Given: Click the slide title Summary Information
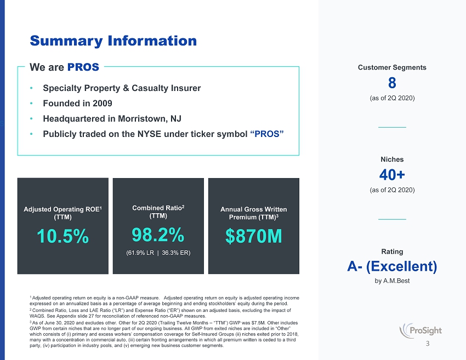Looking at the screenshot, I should pyautogui.click(x=113, y=41).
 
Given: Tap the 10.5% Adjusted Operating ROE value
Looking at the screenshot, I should pyautogui.click(x=63, y=236).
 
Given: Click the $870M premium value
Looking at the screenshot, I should pyautogui.click(x=253, y=236).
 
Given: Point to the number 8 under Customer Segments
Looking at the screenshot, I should pyautogui.click(x=392, y=83).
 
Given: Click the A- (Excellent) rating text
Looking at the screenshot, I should pyautogui.click(x=392, y=266).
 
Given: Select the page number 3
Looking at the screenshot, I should pyautogui.click(x=428, y=345).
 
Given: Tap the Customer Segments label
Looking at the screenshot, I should pyautogui.click(x=392, y=67).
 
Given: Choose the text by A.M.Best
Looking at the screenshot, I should pyautogui.click(x=392, y=281).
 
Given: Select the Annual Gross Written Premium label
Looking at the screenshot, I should pyautogui.click(x=253, y=214).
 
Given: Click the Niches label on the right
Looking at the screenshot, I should pyautogui.click(x=392, y=159).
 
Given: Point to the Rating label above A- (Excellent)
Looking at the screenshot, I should pyautogui.click(x=392, y=252).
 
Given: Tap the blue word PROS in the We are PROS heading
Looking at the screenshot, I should pyautogui.click(x=83, y=67).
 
